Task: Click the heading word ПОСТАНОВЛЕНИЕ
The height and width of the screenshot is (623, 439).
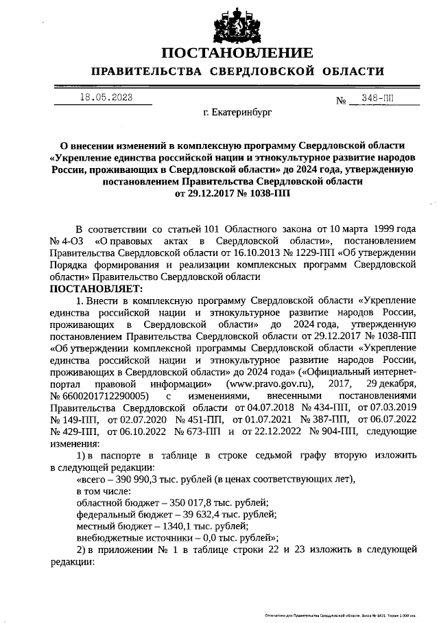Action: (237, 53)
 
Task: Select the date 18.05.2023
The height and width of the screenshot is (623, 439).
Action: (106, 97)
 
